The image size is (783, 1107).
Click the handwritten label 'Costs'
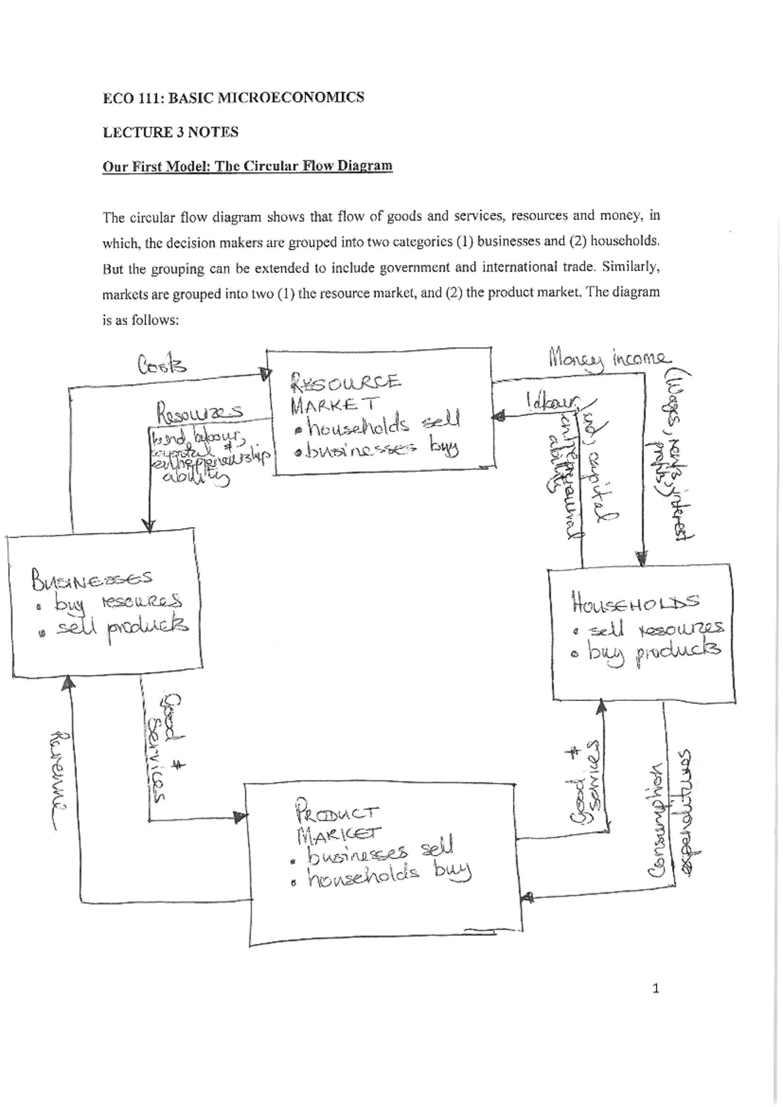[161, 364]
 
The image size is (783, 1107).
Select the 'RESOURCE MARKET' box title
[346, 392]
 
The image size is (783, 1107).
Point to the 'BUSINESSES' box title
[91, 577]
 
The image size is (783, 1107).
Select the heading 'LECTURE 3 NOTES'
[170, 132]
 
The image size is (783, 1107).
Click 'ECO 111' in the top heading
[131, 99]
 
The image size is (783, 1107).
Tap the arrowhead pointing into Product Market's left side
[241, 817]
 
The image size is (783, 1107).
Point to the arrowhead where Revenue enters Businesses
[68, 683]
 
